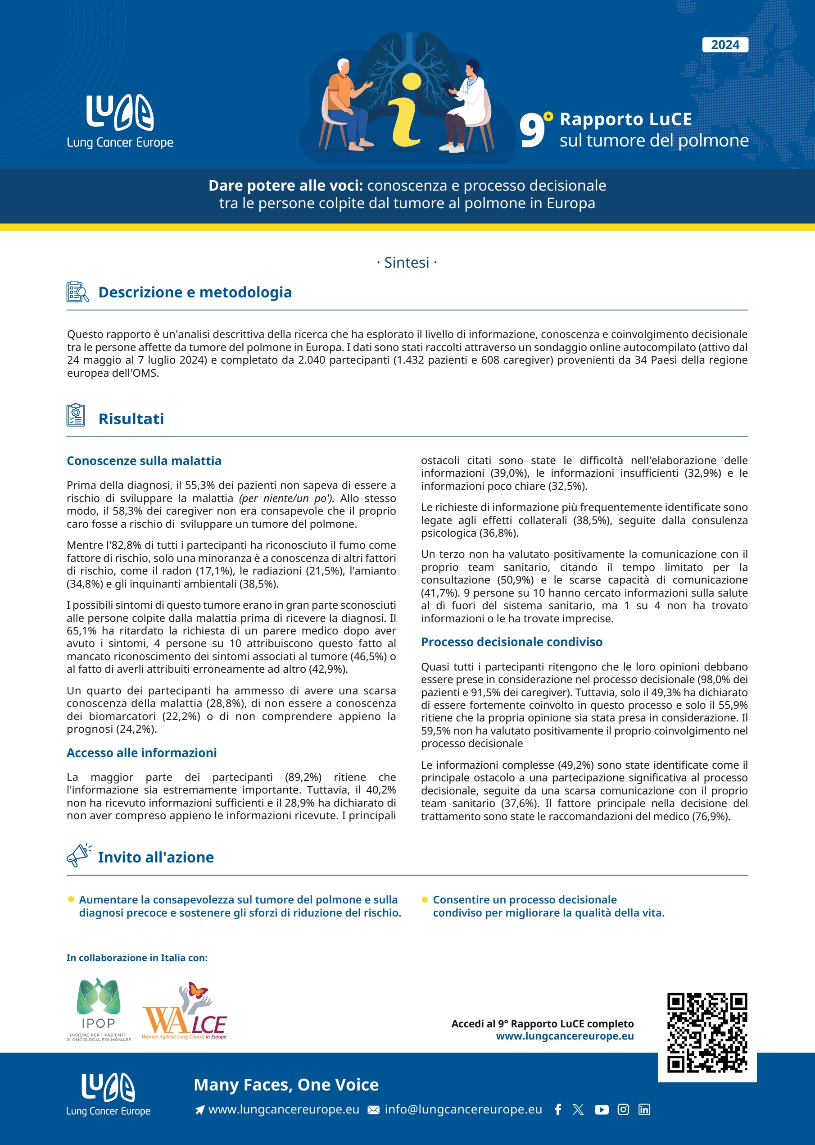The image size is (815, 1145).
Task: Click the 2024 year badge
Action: [724, 45]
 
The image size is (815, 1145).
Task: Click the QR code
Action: [706, 1032]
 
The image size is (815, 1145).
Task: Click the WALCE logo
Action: [185, 1013]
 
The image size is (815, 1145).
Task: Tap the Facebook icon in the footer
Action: [557, 1109]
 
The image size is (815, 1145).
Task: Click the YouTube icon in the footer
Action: [601, 1109]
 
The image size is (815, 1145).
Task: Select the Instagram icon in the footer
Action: [623, 1109]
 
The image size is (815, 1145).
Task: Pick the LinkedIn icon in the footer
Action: [644, 1109]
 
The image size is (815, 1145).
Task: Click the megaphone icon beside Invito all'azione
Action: [78, 855]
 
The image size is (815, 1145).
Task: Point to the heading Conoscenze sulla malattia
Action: [144, 461]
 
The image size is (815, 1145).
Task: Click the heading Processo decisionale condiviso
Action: [512, 642]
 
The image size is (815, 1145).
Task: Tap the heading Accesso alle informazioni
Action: [141, 752]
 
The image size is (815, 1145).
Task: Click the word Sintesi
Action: [407, 263]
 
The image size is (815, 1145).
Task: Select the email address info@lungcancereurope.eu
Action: [463, 1109]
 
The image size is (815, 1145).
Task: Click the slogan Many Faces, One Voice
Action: [286, 1084]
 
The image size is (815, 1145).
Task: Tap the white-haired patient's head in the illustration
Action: [343, 66]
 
